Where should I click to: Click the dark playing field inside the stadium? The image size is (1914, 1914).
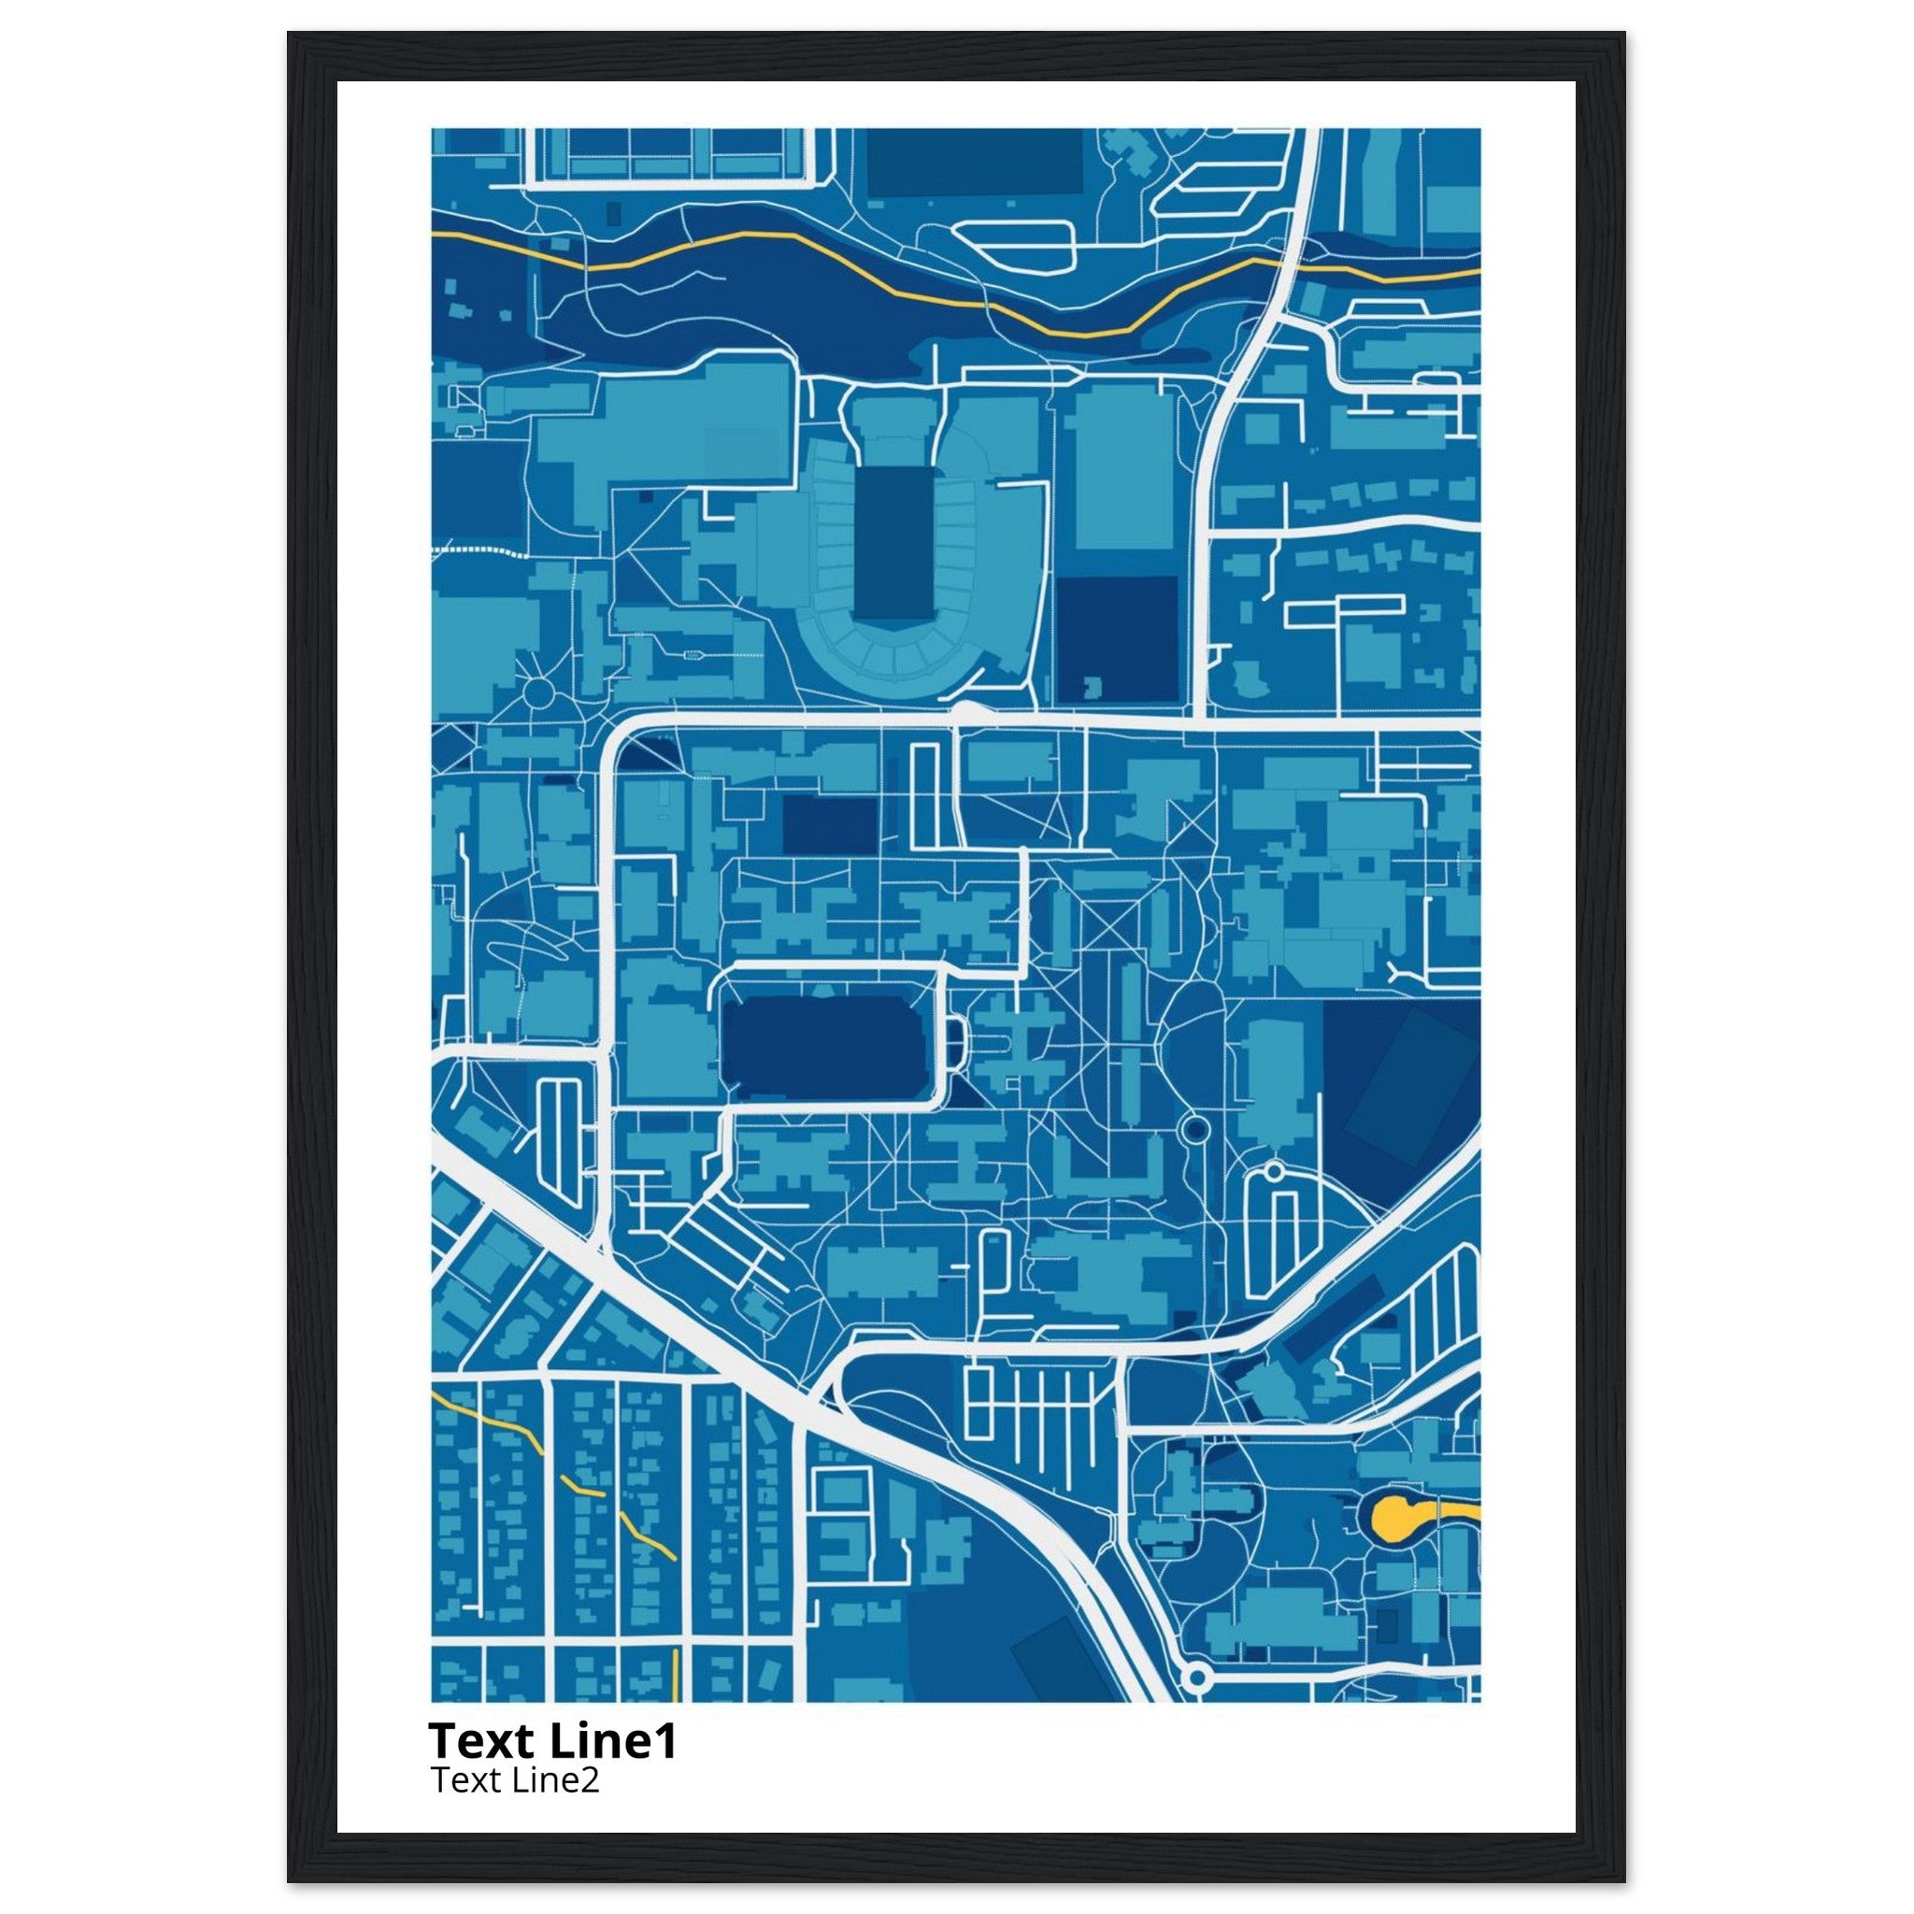[x=892, y=543]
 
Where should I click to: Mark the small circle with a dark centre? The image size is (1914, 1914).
[x=1195, y=1128]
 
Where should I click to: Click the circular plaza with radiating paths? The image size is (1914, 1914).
[x=541, y=693]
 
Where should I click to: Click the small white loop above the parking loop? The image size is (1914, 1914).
[x=1273, y=1172]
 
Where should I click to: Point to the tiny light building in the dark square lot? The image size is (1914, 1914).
[x=1093, y=687]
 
